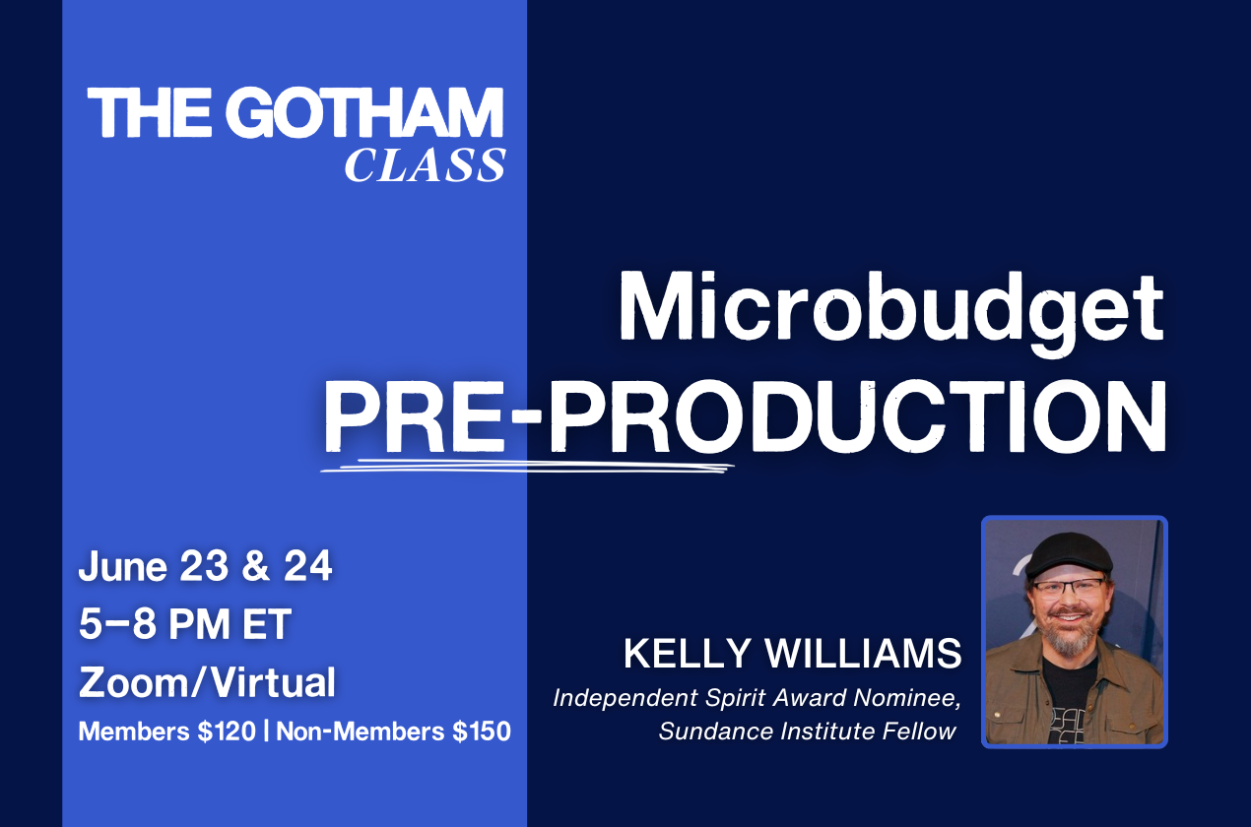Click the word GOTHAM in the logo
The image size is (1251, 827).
pyautogui.click(x=364, y=111)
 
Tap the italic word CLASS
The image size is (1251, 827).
pyautogui.click(x=425, y=165)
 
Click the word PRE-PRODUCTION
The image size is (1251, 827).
pyautogui.click(x=745, y=416)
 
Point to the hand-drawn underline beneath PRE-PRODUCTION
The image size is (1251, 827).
pyautogui.click(x=527, y=466)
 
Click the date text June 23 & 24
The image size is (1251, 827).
pyautogui.click(x=206, y=566)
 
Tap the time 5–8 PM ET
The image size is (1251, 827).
pyautogui.click(x=185, y=623)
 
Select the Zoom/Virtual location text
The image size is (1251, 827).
pyautogui.click(x=207, y=682)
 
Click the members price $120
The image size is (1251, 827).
pyautogui.click(x=227, y=732)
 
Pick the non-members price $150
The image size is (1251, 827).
pyautogui.click(x=482, y=732)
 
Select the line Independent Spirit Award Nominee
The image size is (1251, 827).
pyautogui.click(x=757, y=698)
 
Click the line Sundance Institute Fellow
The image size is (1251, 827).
pyautogui.click(x=808, y=732)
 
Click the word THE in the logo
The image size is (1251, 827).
pyautogui.click(x=150, y=112)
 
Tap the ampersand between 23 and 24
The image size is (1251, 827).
pyautogui.click(x=255, y=566)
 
